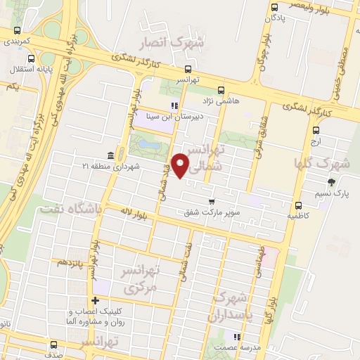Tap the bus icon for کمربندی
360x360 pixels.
tap(17, 31)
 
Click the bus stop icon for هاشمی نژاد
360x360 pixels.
tap(220, 90)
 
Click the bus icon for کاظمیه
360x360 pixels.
tap(299, 206)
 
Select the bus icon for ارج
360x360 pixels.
tap(316, 130)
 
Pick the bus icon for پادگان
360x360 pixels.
tap(274, 8)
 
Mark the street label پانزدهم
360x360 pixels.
tap(71, 263)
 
